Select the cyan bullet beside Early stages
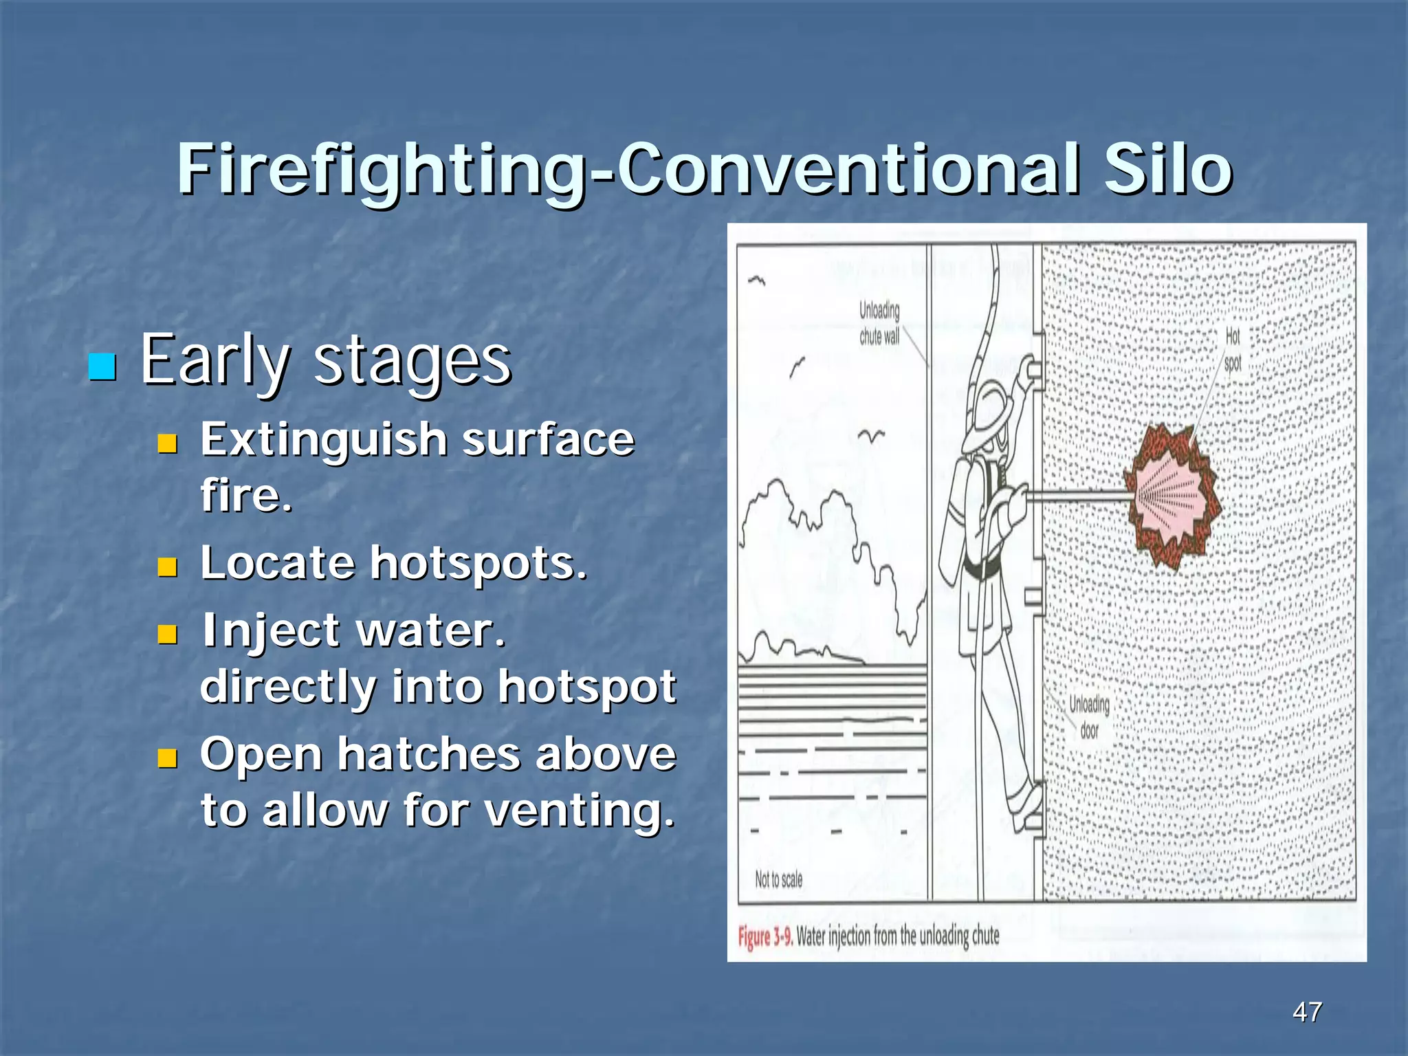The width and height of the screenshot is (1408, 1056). coord(102,366)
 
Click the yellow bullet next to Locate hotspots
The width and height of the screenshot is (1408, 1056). coord(167,567)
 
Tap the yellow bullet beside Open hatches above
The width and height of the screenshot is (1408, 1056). coord(167,758)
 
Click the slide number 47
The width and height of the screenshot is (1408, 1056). coord(1307,1011)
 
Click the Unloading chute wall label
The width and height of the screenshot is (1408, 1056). coord(879,323)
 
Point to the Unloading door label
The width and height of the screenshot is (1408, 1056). coord(1089,717)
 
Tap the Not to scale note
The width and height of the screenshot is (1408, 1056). coord(778,879)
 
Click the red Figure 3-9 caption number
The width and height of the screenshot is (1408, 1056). coord(765,937)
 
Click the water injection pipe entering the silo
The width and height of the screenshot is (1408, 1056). coord(1079,495)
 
